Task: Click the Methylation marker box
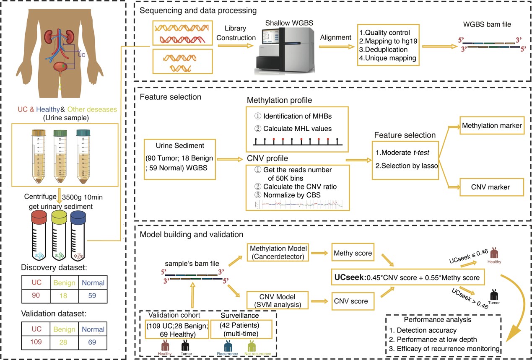coord(492,126)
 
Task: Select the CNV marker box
coord(492,187)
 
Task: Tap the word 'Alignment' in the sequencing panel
coord(336,37)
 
